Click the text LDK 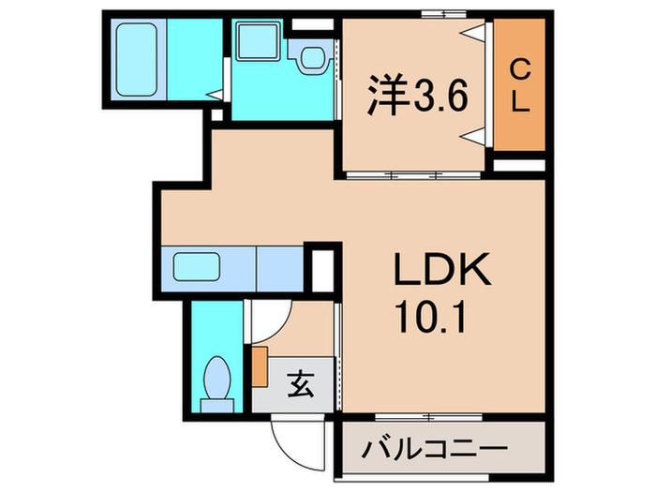coord(440,274)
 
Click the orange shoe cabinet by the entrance coord(260,363)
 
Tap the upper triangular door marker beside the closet coord(476,33)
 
